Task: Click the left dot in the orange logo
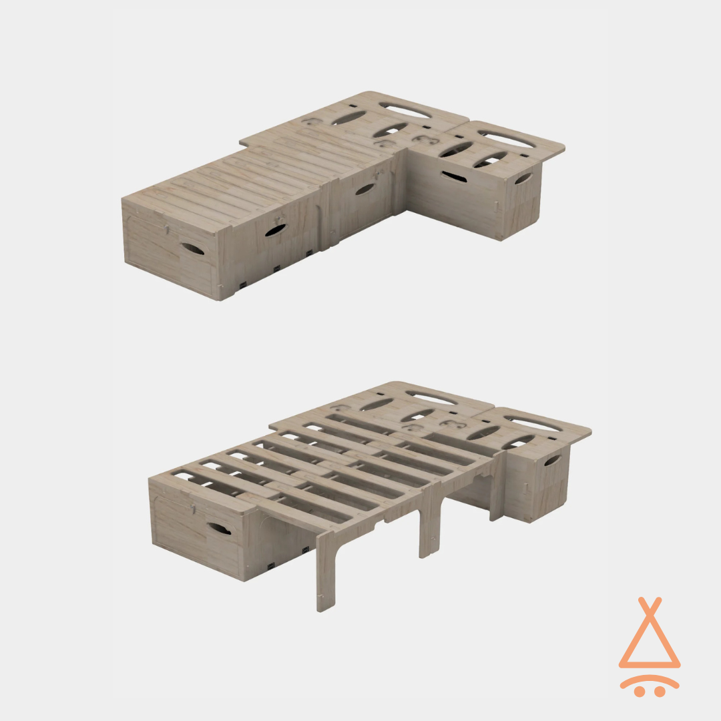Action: pos(640,692)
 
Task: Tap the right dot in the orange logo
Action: pos(660,692)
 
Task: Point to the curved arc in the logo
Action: pos(650,681)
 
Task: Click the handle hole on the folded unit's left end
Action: pos(192,248)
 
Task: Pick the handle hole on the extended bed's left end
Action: pos(218,529)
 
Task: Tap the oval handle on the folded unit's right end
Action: pos(523,179)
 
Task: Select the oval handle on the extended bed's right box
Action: pos(552,461)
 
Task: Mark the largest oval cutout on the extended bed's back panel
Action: pos(431,396)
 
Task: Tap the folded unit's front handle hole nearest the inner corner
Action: pos(365,190)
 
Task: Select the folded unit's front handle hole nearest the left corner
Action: pos(275,230)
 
